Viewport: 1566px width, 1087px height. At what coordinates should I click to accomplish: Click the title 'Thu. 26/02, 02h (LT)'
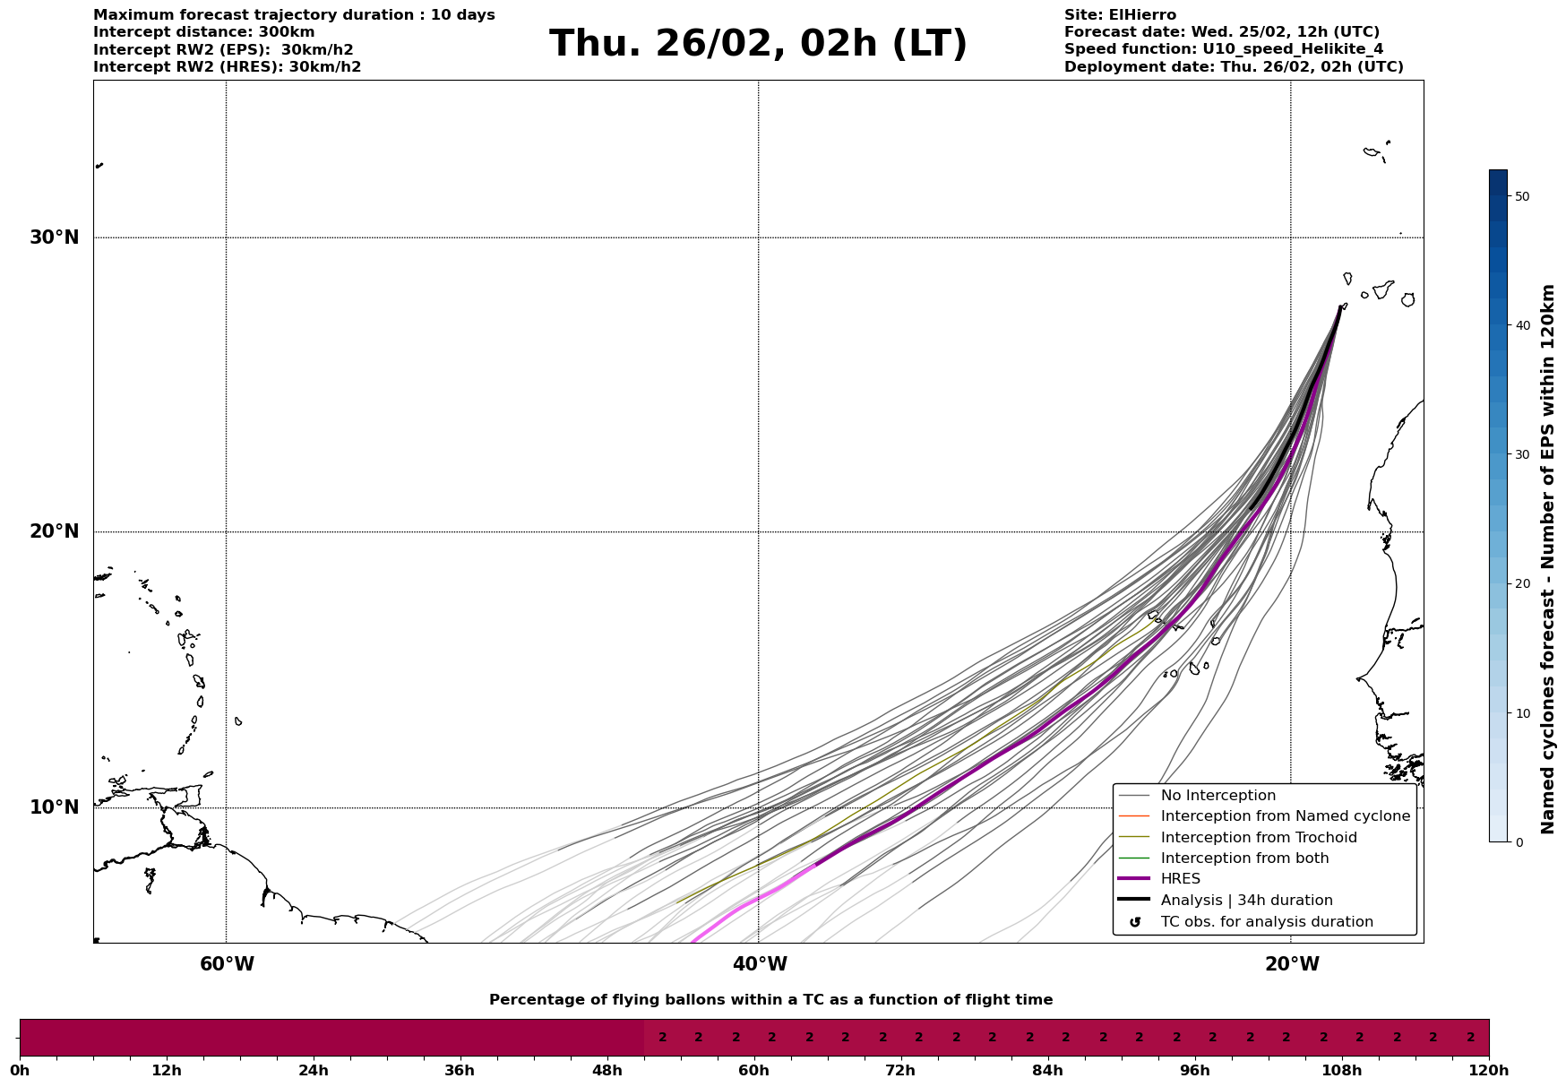(758, 44)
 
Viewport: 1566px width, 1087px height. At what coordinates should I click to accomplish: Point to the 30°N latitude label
(55, 237)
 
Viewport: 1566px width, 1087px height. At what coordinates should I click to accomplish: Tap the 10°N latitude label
(55, 807)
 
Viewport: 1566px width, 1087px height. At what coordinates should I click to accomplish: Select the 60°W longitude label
(227, 964)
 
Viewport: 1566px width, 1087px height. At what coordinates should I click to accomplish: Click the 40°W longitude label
(760, 964)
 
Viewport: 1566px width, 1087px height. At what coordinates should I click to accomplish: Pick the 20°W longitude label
(1292, 964)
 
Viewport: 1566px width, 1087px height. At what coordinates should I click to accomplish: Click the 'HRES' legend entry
(1180, 879)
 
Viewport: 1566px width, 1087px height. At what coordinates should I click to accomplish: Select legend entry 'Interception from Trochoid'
(1258, 838)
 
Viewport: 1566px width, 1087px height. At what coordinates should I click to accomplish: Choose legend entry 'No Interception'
(1218, 796)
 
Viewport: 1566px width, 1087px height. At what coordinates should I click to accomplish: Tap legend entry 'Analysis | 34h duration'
(1246, 901)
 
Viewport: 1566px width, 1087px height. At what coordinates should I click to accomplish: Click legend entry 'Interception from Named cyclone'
(1285, 816)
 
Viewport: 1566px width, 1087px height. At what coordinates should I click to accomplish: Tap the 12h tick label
(167, 1071)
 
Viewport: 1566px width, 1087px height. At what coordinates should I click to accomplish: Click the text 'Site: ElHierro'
(1120, 15)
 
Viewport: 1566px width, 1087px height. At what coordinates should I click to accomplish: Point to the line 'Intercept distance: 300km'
(203, 32)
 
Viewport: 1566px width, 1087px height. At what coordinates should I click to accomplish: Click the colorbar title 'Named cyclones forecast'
(1548, 559)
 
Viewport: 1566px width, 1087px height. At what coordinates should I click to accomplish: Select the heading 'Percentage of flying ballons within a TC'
(770, 1000)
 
